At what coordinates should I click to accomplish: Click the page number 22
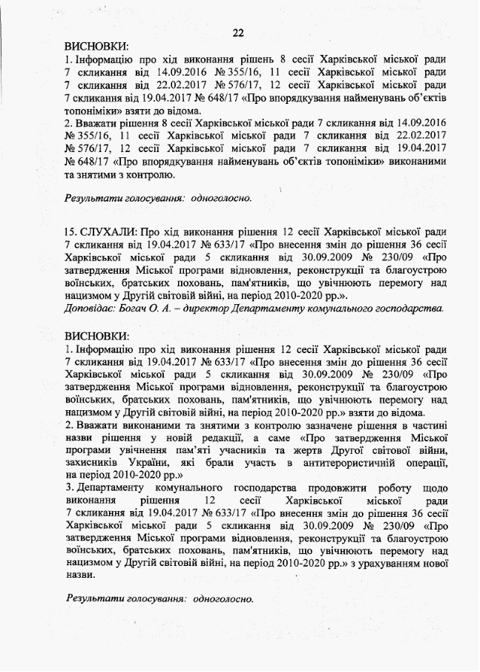(239, 33)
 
